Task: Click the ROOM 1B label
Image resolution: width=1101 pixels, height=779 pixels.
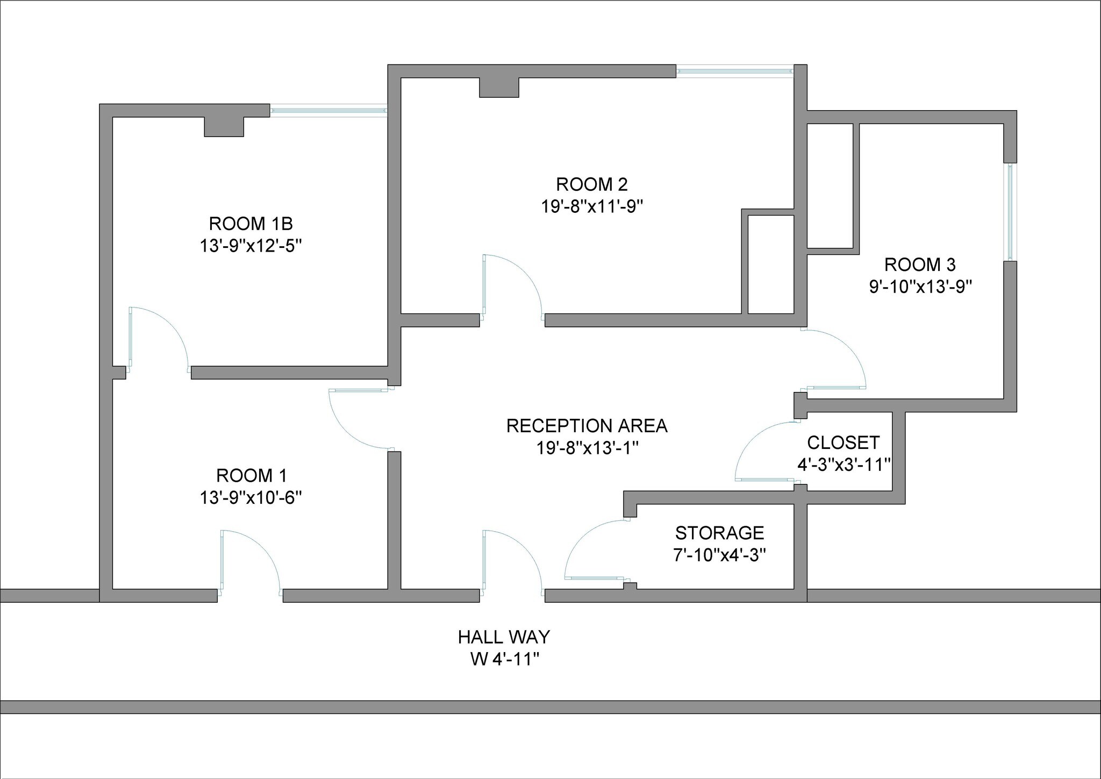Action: pyautogui.click(x=251, y=223)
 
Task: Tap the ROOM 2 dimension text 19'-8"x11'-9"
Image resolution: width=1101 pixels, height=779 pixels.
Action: pyautogui.click(x=592, y=206)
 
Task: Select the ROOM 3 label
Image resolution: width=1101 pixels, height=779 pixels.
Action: pyautogui.click(x=920, y=265)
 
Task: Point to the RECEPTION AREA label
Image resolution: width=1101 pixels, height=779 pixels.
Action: pyautogui.click(x=587, y=426)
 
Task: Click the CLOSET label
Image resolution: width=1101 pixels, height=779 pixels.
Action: pyautogui.click(x=843, y=442)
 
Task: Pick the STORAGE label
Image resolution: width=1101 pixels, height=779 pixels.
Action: pyautogui.click(x=719, y=533)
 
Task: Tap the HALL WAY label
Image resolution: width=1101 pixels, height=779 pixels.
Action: pyautogui.click(x=504, y=637)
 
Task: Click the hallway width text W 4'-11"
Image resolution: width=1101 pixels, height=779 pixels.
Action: pyautogui.click(x=504, y=659)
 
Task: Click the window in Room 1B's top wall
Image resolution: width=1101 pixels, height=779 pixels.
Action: pyautogui.click(x=328, y=111)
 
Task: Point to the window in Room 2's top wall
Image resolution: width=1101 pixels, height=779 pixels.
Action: pyautogui.click(x=734, y=72)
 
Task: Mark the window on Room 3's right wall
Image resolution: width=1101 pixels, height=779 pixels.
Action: pyautogui.click(x=1010, y=212)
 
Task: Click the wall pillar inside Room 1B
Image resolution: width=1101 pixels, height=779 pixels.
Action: pyautogui.click(x=224, y=127)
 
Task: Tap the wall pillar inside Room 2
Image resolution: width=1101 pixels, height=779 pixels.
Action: pyautogui.click(x=499, y=88)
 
